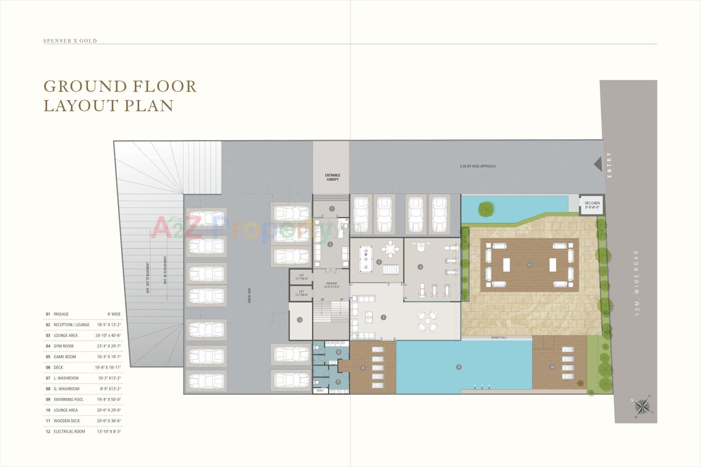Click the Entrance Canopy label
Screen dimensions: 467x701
click(x=332, y=177)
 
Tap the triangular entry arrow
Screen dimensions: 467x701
click(x=598, y=164)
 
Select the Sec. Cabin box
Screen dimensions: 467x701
click(x=592, y=205)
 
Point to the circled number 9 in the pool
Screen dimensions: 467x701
click(x=459, y=367)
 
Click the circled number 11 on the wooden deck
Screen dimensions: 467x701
click(x=529, y=265)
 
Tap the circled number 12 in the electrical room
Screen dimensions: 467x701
click(x=300, y=320)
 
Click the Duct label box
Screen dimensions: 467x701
click(x=320, y=390)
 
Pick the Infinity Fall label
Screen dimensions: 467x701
click(x=499, y=338)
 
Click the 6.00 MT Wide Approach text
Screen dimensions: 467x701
click(x=478, y=166)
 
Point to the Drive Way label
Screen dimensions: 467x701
click(x=250, y=296)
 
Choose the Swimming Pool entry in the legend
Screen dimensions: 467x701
click(x=68, y=400)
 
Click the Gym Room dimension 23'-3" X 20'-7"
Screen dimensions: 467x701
click(x=108, y=346)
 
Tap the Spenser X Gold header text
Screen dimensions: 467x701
click(x=70, y=41)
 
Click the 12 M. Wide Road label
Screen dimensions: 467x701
click(x=637, y=283)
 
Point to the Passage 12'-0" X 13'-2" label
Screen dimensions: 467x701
click(x=332, y=285)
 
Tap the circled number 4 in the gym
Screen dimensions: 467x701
click(x=420, y=267)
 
